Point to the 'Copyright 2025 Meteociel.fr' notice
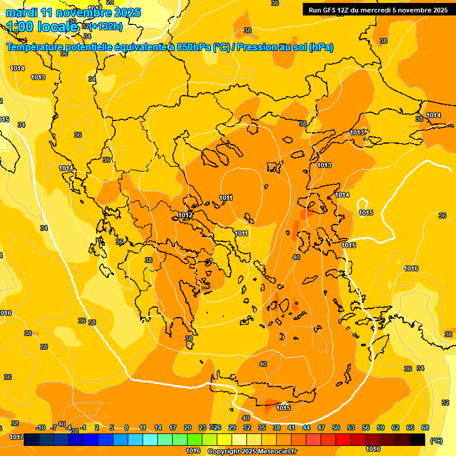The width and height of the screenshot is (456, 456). pos(252,451)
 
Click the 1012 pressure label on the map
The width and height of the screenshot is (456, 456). pos(185,215)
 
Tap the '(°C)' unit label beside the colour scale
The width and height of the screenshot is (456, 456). pos(436,441)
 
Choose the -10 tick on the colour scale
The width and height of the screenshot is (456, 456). pos(40,427)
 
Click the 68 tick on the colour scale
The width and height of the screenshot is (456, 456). pos(425,427)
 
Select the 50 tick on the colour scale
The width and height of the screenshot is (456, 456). pos(336,427)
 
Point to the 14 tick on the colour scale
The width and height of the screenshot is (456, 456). pos(158,427)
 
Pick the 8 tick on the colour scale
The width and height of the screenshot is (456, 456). pos(126,427)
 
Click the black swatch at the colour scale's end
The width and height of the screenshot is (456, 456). pos(417,440)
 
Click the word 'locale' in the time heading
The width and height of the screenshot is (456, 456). pos(57,26)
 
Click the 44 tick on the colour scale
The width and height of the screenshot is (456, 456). pos(306,427)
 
